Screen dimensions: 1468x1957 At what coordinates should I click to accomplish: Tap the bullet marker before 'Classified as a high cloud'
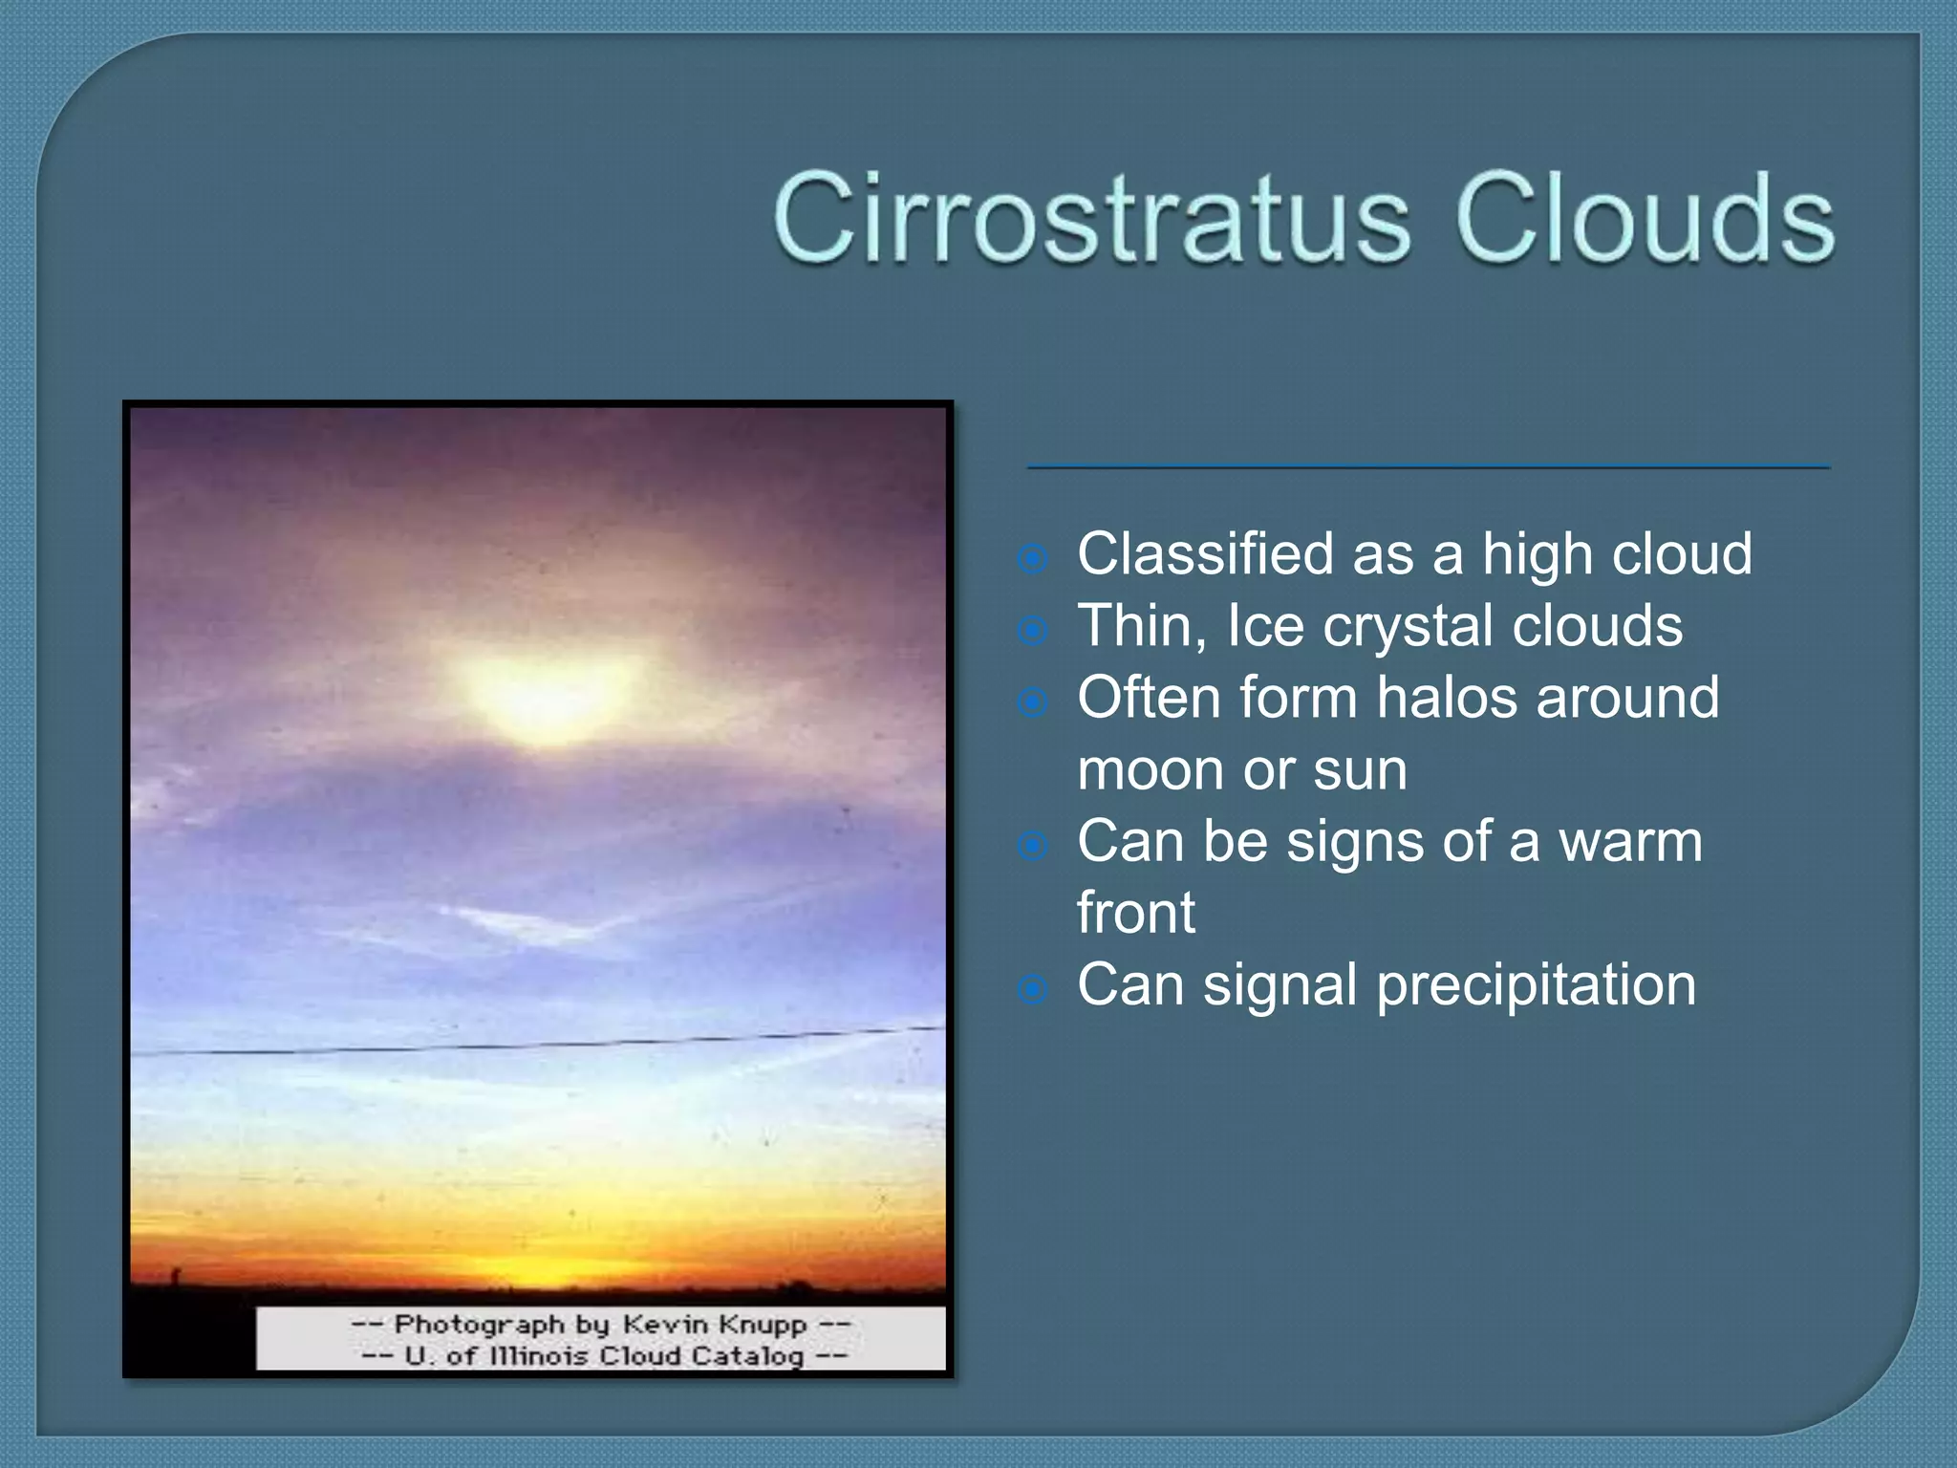1033,559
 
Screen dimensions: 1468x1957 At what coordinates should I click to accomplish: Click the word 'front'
1135,913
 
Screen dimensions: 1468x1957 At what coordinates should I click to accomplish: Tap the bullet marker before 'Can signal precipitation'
1033,990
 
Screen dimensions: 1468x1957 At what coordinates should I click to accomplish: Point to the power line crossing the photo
535,1044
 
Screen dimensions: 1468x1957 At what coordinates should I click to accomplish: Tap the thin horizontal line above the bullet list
1429,467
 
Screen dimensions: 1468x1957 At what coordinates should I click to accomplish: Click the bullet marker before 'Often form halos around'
1033,703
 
